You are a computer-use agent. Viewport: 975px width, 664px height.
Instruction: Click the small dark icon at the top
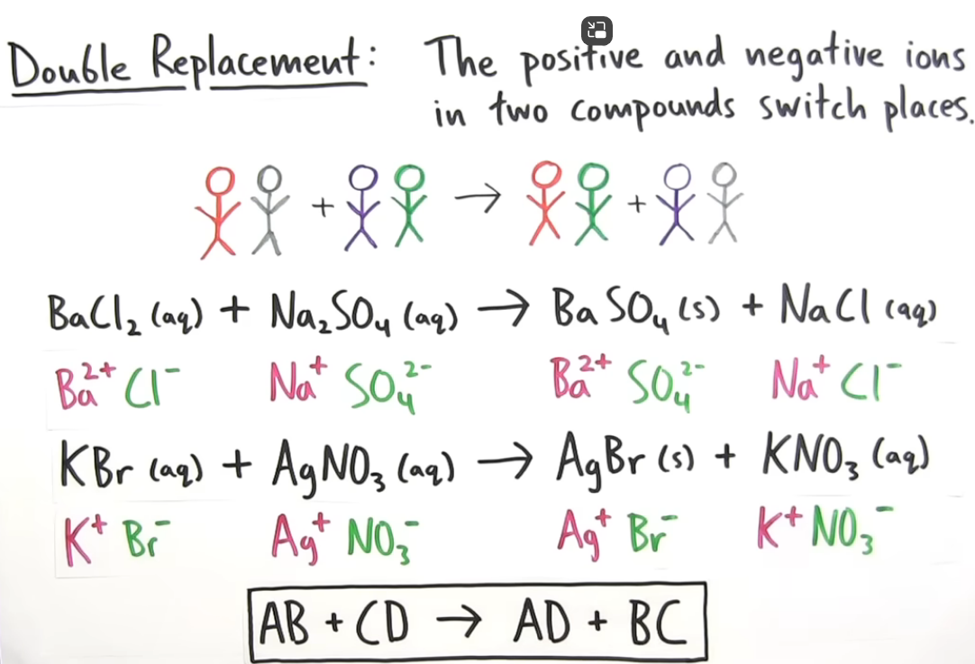point(597,31)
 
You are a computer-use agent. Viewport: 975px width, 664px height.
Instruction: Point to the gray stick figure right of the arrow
point(724,203)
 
